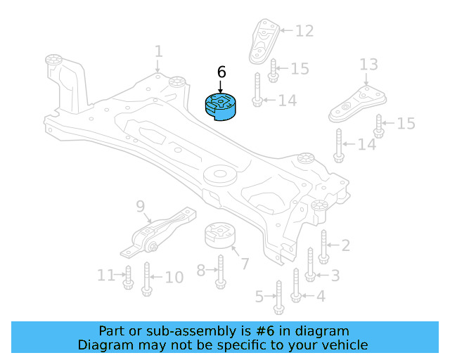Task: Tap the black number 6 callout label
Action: click(x=221, y=72)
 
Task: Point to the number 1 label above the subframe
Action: click(x=158, y=51)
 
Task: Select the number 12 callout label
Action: click(x=304, y=31)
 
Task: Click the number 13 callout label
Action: click(x=368, y=65)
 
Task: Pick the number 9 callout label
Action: click(x=140, y=206)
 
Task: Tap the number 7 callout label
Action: click(x=245, y=264)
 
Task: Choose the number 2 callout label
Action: click(x=345, y=245)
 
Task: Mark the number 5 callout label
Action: click(x=259, y=297)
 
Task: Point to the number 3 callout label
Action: click(x=335, y=275)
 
